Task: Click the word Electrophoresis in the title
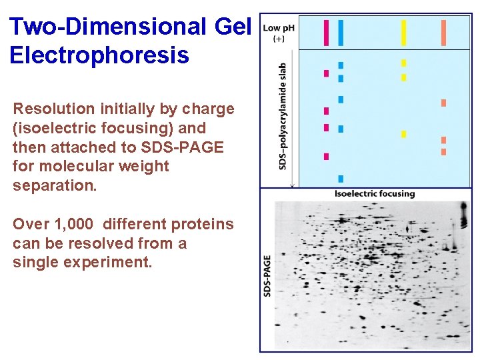click(99, 55)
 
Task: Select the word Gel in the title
click(232, 27)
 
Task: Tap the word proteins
click(205, 224)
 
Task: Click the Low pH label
click(279, 28)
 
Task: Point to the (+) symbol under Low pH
click(279, 39)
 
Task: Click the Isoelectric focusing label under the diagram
click(374, 194)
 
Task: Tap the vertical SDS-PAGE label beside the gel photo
click(267, 275)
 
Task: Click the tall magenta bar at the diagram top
click(326, 33)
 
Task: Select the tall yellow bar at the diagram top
click(403, 33)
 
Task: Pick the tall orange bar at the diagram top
click(443, 33)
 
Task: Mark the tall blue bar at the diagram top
click(341, 33)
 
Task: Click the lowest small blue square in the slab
click(341, 179)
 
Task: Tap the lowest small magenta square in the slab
click(327, 157)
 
